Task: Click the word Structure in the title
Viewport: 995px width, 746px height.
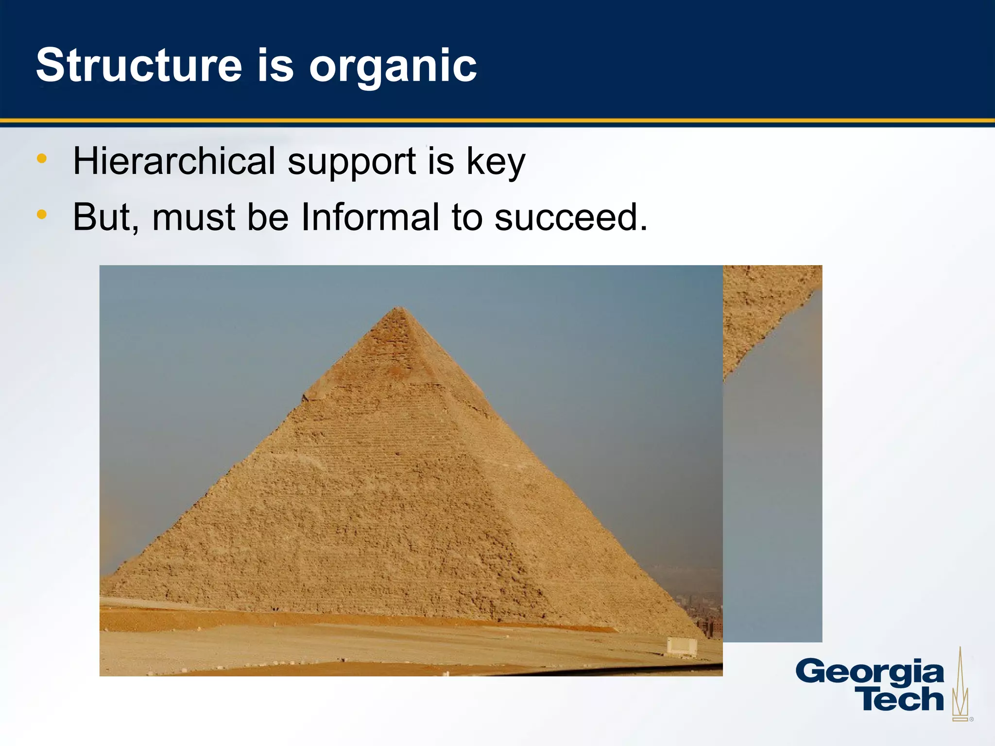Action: pyautogui.click(x=139, y=66)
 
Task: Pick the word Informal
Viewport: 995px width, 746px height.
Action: pyautogui.click(x=370, y=217)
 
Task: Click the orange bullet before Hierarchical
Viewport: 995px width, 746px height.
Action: pyautogui.click(x=42, y=158)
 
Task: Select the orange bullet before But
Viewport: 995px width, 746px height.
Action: pyautogui.click(x=42, y=214)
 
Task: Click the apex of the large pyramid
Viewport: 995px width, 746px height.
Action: pyautogui.click(x=399, y=308)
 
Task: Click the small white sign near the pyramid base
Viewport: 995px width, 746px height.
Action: pyautogui.click(x=682, y=646)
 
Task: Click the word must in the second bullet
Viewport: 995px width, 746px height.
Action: pyautogui.click(x=193, y=217)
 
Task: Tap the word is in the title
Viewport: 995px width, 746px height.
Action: pyautogui.click(x=275, y=66)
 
